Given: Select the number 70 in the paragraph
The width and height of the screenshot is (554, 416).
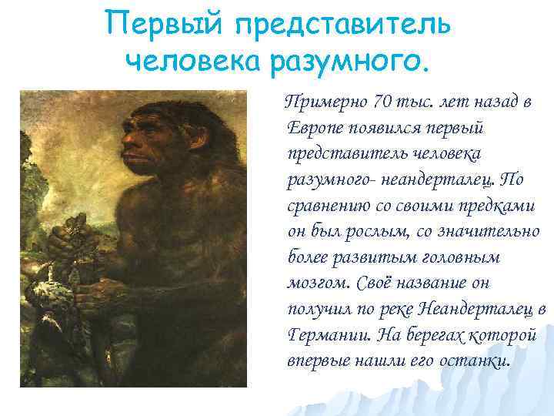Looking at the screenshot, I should [380, 102].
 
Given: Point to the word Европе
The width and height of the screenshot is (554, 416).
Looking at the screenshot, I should [315, 128].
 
